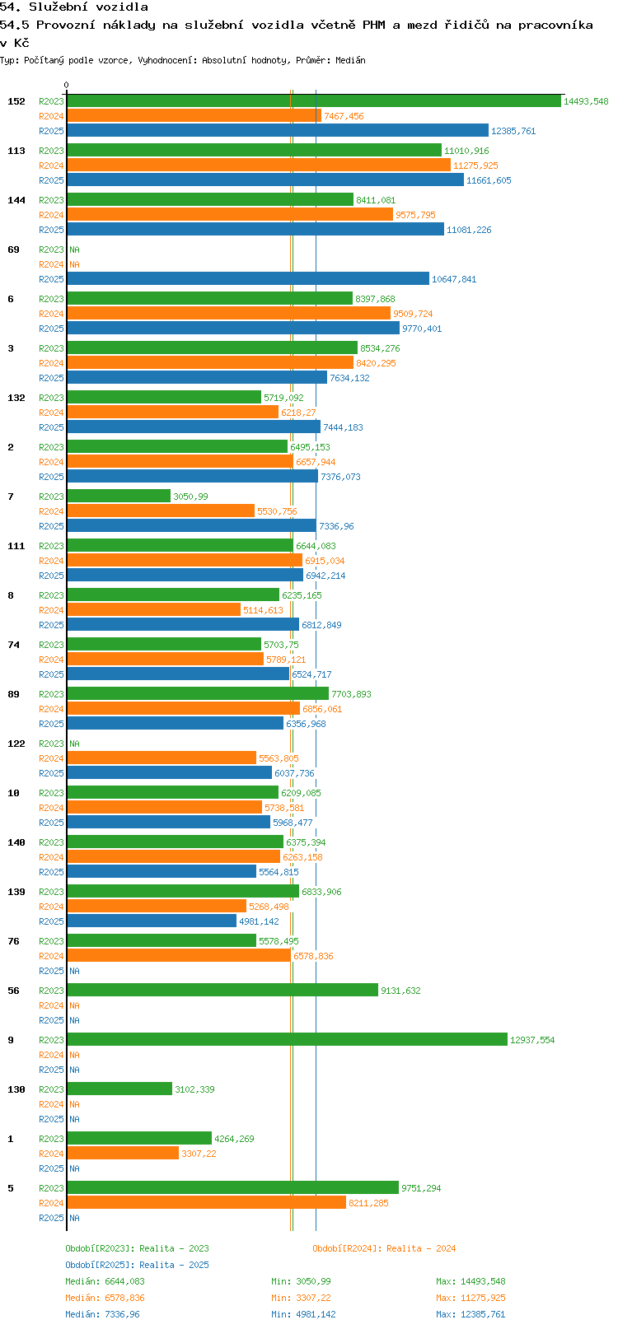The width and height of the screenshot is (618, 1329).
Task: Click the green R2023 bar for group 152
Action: point(313,101)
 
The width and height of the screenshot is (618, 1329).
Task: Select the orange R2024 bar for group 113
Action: point(259,166)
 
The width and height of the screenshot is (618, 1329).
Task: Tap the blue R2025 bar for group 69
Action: point(247,279)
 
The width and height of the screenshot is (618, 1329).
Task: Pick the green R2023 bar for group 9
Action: point(287,1040)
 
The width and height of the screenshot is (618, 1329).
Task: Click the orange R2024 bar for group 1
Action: point(123,1154)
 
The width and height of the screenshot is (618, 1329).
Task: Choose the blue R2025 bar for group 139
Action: point(152,921)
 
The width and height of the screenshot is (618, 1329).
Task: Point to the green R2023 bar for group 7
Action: point(119,497)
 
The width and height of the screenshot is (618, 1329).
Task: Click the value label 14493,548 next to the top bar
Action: point(586,101)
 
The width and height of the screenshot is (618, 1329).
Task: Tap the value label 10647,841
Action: point(454,279)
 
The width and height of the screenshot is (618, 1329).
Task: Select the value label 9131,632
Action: point(400,991)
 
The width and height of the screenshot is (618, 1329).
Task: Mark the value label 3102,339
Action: point(194,1089)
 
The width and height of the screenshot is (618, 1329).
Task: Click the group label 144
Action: point(16,200)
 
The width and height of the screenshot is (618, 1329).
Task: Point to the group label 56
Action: point(13,991)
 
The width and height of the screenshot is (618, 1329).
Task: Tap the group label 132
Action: point(16,398)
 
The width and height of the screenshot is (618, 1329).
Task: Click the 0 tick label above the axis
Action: point(67,85)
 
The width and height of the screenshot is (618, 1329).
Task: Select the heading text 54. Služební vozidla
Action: point(74,7)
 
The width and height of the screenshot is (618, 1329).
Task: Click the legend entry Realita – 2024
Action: point(384,1248)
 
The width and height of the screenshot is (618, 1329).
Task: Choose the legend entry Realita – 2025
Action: point(137,1265)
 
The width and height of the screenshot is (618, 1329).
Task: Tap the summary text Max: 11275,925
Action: point(471,1298)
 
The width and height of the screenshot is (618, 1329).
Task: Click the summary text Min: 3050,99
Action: point(301,1281)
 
